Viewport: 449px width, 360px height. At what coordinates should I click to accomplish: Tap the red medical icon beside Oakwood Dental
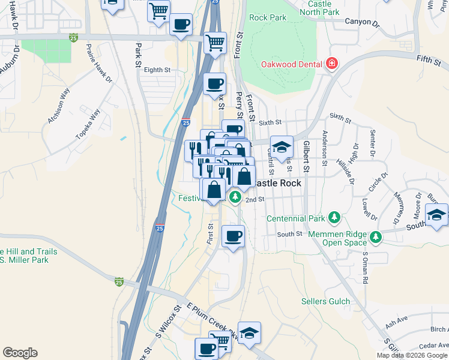click(330, 64)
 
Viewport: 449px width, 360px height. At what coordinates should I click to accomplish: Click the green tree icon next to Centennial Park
click(335, 217)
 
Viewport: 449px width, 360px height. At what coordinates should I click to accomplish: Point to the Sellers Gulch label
click(325, 301)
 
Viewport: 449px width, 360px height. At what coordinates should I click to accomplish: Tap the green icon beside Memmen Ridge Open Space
click(376, 237)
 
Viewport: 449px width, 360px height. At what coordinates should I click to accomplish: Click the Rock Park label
click(268, 17)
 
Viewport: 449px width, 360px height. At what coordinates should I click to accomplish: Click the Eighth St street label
click(157, 70)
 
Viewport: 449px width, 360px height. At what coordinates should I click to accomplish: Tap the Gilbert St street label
click(306, 158)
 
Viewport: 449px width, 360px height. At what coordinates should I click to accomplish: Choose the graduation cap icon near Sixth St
click(280, 147)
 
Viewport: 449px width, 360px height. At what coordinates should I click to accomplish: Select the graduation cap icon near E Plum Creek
click(249, 332)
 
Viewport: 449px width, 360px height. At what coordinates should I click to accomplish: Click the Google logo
click(20, 353)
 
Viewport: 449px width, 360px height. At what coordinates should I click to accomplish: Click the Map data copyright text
click(412, 355)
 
